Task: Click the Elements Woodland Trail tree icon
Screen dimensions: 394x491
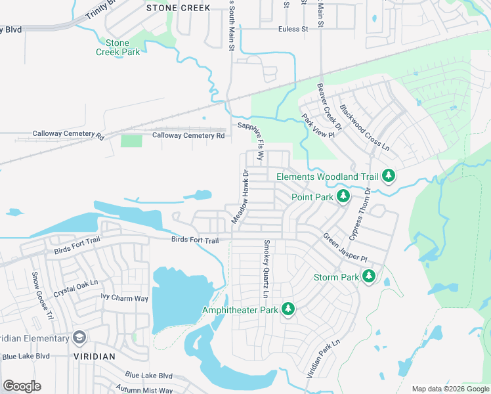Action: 389,175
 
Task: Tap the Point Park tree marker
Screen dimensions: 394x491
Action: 342,196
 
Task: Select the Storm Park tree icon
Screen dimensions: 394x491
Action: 369,276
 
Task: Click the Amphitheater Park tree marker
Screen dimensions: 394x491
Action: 288,308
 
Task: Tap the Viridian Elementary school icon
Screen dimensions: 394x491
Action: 79,338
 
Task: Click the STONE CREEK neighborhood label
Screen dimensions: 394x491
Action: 179,8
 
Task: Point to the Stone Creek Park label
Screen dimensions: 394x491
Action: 118,47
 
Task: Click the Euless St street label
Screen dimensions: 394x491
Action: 293,29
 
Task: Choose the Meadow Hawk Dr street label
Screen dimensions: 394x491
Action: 239,196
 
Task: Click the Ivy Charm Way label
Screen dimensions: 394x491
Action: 124,298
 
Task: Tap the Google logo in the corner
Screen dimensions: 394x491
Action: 22,385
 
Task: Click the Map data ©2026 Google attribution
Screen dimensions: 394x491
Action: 450,389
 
